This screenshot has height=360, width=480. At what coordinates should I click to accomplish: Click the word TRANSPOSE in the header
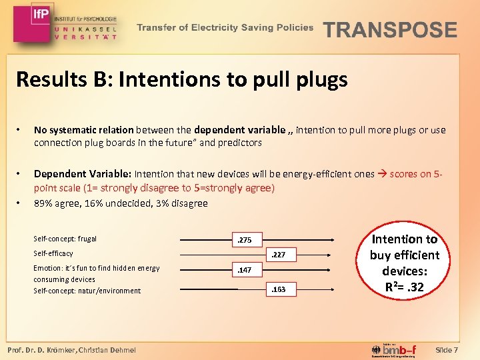[x=390, y=30]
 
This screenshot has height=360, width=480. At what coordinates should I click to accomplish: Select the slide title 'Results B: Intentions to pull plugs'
[x=181, y=80]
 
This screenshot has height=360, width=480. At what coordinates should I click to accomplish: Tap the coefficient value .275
[x=245, y=240]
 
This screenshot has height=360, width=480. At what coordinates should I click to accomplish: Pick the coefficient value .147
[x=245, y=271]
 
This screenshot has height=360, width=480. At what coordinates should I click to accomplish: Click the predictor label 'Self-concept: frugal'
[x=65, y=239]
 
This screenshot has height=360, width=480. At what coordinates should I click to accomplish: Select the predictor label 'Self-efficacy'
[x=53, y=253]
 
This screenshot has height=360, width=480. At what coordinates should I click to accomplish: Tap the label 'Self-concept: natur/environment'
[x=87, y=291]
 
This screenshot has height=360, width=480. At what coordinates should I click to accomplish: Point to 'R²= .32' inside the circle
[x=405, y=288]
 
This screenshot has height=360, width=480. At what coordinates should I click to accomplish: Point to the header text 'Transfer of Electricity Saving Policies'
[x=225, y=28]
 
